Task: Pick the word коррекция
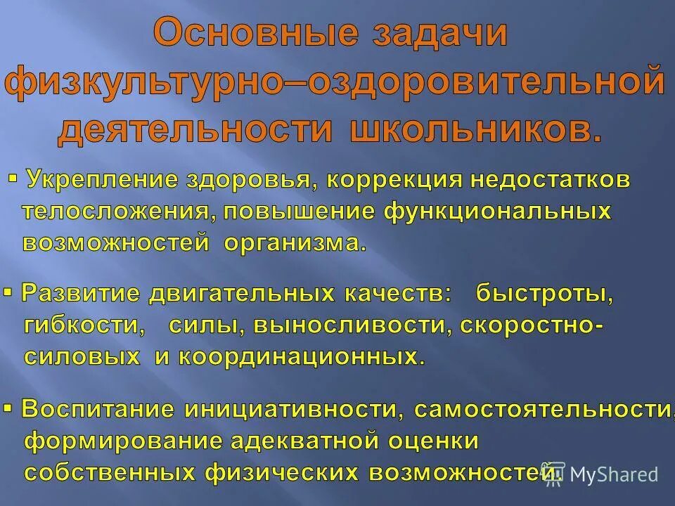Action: click(x=396, y=180)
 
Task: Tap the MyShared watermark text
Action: click(x=614, y=474)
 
